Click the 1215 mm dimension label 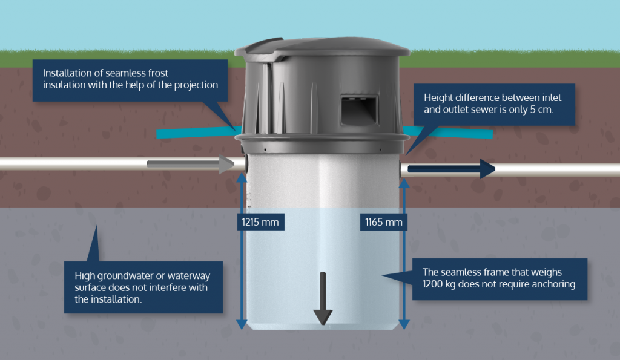260,222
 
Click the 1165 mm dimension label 383,222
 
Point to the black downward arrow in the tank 323,299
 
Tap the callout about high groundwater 143,287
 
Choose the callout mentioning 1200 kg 500,278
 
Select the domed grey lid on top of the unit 321,47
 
